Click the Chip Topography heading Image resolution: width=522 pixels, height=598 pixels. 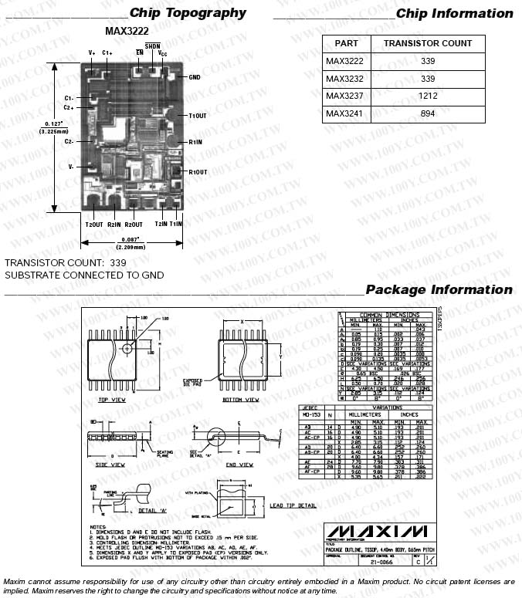coord(188,12)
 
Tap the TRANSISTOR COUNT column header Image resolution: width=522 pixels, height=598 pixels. coord(427,43)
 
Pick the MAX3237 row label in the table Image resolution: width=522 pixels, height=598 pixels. coord(344,96)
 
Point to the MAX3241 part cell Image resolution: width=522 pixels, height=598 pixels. coord(344,113)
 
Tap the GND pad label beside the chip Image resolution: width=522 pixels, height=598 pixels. coord(195,77)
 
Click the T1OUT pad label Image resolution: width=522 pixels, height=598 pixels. coord(198,116)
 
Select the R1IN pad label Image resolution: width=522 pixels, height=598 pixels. coord(195,142)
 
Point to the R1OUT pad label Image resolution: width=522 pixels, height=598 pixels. coord(198,171)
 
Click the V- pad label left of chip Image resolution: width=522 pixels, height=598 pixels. coord(70,167)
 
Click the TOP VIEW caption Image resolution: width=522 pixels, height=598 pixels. coord(112,400)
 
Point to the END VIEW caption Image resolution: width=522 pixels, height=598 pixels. coord(239,465)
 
